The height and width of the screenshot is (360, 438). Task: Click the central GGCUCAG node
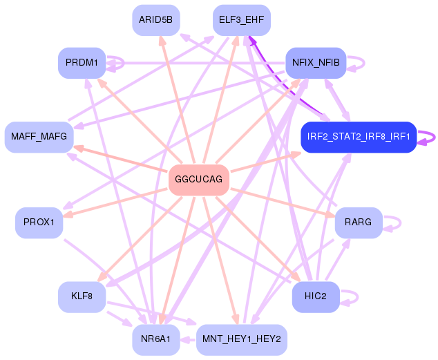click(x=198, y=180)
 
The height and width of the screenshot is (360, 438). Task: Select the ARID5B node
click(x=156, y=20)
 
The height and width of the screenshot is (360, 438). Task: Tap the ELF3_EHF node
click(x=242, y=20)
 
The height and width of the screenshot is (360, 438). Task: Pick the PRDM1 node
click(x=82, y=63)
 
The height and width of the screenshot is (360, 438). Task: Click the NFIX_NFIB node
click(x=316, y=63)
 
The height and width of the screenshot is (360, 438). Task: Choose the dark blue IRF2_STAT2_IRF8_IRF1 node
click(x=359, y=137)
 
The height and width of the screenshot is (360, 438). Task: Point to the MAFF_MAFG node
click(x=39, y=137)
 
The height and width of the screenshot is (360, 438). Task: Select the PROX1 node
click(x=39, y=222)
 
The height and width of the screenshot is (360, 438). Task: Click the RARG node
click(x=359, y=222)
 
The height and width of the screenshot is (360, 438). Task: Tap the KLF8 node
click(x=82, y=297)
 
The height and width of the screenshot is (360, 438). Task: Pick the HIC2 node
click(x=316, y=297)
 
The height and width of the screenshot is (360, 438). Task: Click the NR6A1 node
click(x=156, y=339)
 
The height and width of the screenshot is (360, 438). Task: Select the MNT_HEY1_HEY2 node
click(x=242, y=339)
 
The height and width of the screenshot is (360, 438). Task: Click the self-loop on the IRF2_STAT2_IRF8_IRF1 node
click(x=435, y=138)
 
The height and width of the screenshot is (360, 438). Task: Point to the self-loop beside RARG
click(x=401, y=223)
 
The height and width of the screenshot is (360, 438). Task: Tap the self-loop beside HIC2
click(x=358, y=297)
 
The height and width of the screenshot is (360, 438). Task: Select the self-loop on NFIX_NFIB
click(x=364, y=63)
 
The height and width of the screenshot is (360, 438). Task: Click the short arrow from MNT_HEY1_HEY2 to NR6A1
click(x=188, y=340)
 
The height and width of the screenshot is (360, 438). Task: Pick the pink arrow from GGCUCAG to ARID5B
click(x=177, y=100)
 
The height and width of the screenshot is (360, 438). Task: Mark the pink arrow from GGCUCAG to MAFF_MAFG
click(x=121, y=158)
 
